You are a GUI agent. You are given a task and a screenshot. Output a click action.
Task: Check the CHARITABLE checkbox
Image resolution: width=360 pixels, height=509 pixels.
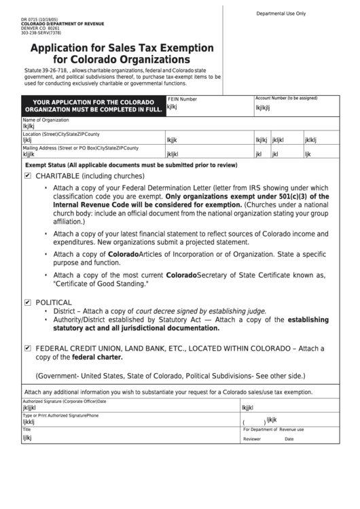[28, 175]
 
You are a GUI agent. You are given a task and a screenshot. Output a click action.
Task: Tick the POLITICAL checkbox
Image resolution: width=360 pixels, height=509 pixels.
[28, 302]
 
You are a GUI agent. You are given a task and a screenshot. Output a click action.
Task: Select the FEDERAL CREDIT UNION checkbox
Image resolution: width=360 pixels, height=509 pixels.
[28, 347]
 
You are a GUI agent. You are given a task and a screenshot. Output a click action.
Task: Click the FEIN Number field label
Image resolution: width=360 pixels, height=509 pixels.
[182, 99]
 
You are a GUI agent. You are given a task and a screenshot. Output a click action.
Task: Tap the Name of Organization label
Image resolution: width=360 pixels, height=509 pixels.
[46, 120]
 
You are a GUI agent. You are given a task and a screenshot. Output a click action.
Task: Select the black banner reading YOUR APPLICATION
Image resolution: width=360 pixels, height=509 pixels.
[92, 106]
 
